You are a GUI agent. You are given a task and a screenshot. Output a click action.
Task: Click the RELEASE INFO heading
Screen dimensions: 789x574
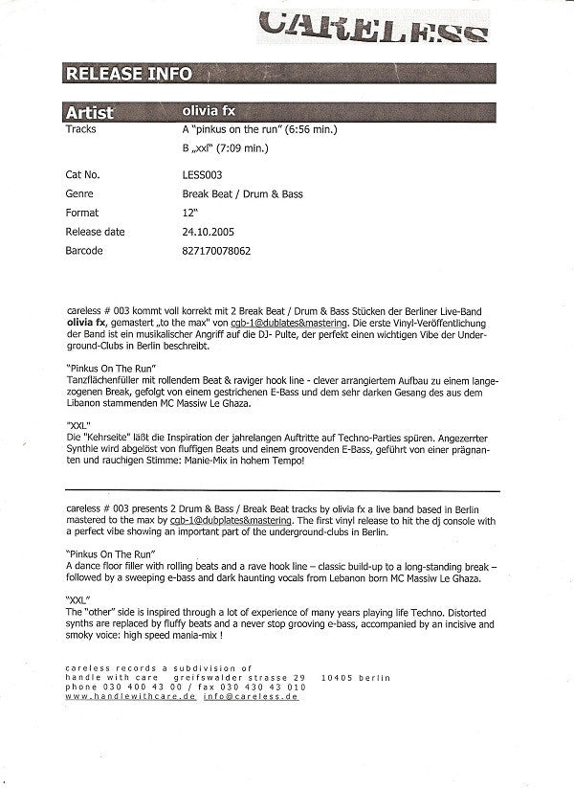pyautogui.click(x=128, y=74)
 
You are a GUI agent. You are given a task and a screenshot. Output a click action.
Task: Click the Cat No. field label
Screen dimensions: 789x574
pyautogui.click(x=83, y=176)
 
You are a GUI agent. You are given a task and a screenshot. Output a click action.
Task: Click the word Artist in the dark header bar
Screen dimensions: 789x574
pyautogui.click(x=92, y=112)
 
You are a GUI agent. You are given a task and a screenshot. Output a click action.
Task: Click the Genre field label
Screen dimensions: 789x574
pyautogui.click(x=80, y=194)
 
